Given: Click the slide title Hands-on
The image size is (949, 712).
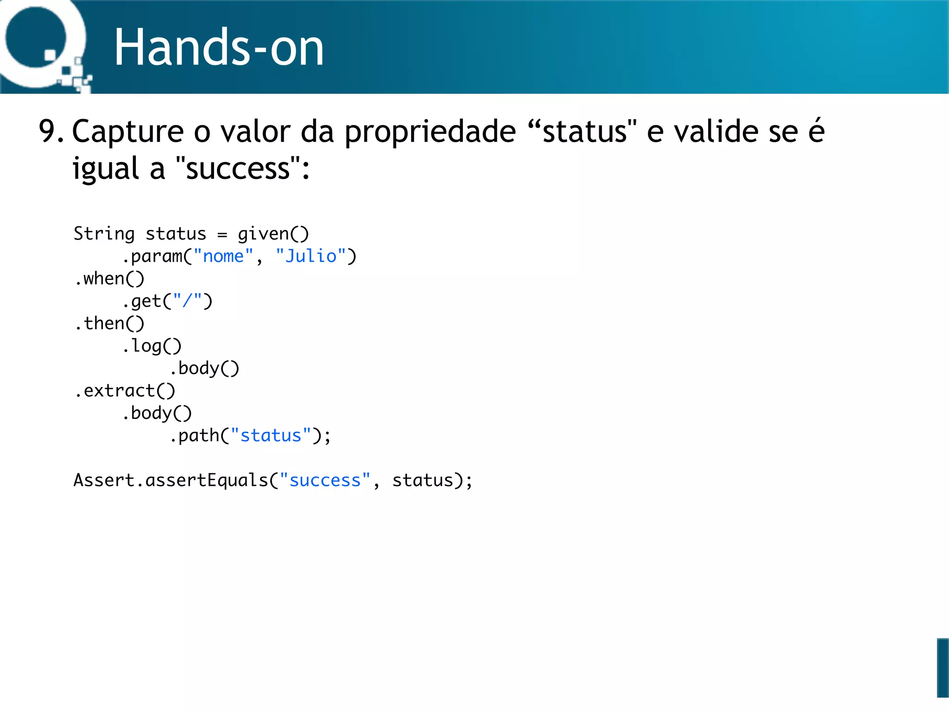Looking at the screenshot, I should coord(219,47).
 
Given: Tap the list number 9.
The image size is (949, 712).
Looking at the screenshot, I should coord(50,131).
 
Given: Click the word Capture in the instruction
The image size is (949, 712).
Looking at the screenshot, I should coord(127,132).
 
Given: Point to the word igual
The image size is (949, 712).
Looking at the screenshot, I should coord(106,169).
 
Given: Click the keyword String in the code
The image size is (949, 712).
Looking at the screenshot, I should coord(104,234).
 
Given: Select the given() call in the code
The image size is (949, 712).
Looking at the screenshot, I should coord(273,234).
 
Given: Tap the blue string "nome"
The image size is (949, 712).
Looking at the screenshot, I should coord(223,256).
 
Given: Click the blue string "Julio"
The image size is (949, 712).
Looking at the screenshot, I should coord(311,256).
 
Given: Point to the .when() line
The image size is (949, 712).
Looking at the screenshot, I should coord(109,279).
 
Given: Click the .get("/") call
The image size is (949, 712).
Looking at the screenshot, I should coord(167,301).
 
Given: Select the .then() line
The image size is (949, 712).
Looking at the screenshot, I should coord(109,324).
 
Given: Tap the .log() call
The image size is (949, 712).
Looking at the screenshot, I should coord(152,346).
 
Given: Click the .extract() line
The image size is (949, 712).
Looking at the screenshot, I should coord(125,391).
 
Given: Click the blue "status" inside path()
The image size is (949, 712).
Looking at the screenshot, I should coord(271,436).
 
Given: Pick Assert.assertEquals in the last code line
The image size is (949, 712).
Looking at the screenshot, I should coord(171,481).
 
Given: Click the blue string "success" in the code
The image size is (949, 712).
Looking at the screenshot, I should coord(325,481).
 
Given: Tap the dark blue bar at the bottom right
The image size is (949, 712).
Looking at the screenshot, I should coord(943,667).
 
